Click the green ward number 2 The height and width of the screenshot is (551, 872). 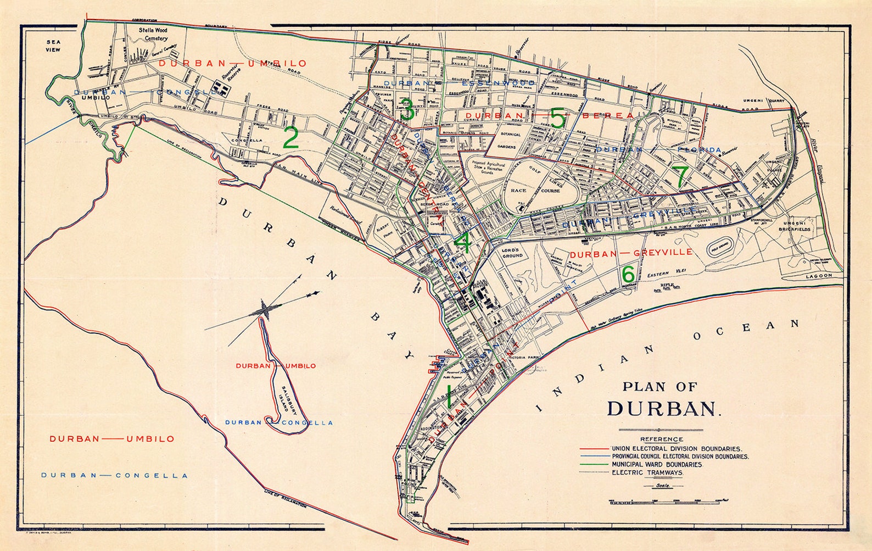[x=290, y=138]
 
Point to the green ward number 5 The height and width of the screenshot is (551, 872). [x=557, y=119]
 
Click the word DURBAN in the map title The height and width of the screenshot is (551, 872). [x=662, y=409]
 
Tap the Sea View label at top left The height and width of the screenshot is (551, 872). [x=53, y=46]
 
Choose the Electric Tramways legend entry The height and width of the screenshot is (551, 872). [x=647, y=472]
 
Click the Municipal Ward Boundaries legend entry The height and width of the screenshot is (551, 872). [x=656, y=464]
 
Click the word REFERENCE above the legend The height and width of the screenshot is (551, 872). [x=661, y=439]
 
